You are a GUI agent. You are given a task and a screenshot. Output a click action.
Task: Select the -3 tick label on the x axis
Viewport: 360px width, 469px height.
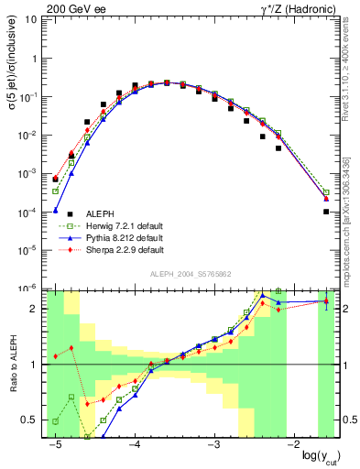pos(213,445)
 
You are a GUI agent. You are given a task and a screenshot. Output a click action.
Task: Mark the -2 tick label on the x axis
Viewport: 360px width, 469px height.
pos(293,445)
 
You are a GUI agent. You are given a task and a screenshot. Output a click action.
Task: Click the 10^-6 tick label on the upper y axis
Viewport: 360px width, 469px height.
pos(34,288)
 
